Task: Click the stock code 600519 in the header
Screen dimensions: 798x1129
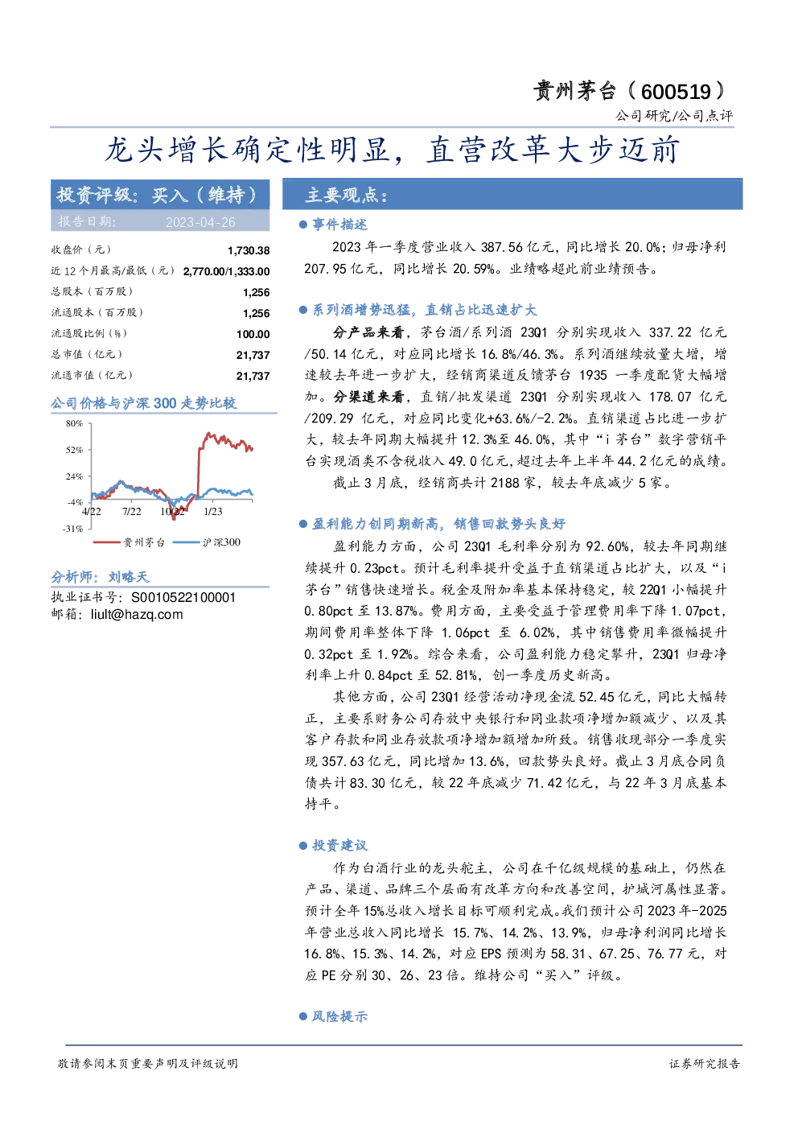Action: click(x=676, y=92)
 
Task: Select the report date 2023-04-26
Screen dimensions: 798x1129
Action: click(x=200, y=222)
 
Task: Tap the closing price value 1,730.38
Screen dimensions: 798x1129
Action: click(x=249, y=250)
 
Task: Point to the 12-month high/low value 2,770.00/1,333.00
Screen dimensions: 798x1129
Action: click(x=226, y=271)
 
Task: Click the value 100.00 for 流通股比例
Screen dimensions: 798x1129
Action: click(x=253, y=334)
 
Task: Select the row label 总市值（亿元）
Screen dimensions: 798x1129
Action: click(x=86, y=354)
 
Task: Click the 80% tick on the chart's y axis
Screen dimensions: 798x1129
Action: click(x=74, y=423)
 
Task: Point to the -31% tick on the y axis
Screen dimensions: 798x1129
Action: click(x=72, y=529)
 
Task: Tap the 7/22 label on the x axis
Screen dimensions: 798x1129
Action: click(x=131, y=512)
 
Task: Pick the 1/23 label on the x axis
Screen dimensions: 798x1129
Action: click(x=212, y=512)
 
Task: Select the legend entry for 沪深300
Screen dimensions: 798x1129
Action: click(x=207, y=542)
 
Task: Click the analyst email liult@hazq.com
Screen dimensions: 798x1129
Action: click(x=137, y=615)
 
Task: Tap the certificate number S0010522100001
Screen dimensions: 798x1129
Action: click(x=183, y=598)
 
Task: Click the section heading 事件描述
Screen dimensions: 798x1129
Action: click(x=339, y=225)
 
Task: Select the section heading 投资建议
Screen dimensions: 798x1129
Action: click(x=339, y=846)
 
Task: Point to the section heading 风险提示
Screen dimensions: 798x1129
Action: click(x=339, y=1016)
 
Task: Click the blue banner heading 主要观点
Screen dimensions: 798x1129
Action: click(x=346, y=195)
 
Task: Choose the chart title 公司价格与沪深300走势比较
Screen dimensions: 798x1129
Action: click(x=143, y=403)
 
